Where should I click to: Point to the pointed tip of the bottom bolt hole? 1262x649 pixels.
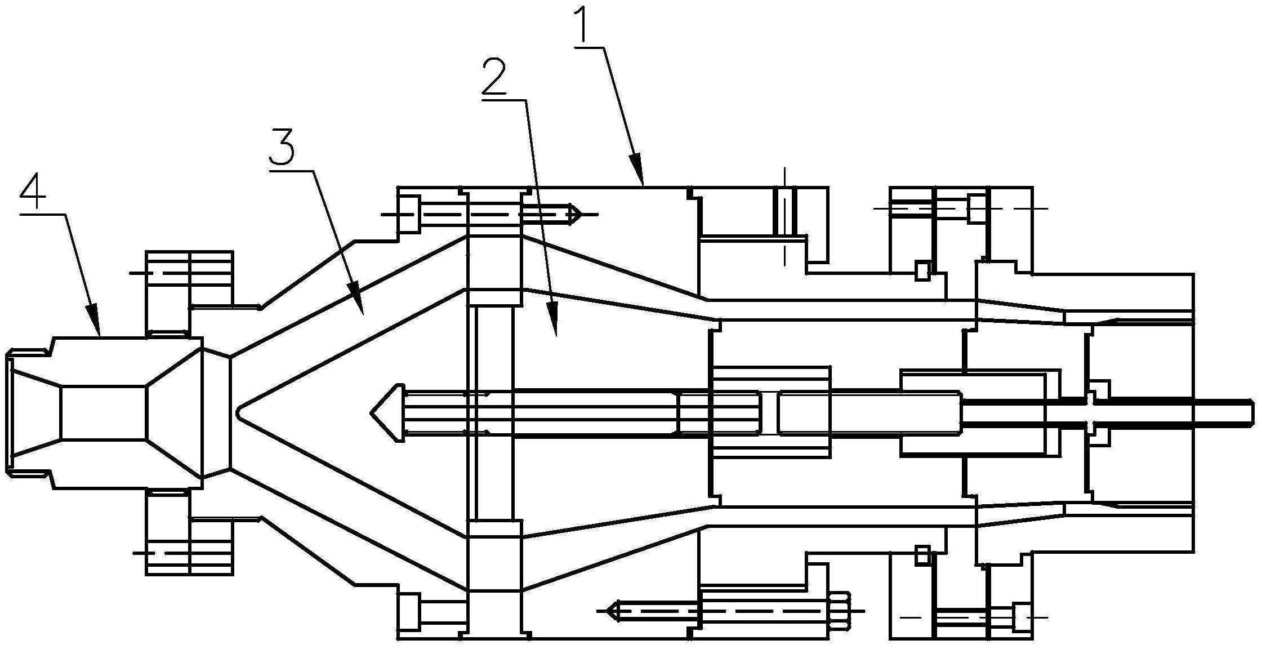pos(607,610)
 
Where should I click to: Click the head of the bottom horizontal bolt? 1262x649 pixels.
pos(840,610)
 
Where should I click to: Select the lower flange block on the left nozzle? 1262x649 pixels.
pos(189,532)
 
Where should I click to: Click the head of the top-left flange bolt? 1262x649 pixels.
pos(410,214)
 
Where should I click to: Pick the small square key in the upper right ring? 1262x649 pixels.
pos(922,270)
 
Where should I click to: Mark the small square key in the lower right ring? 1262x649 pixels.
pos(922,555)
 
